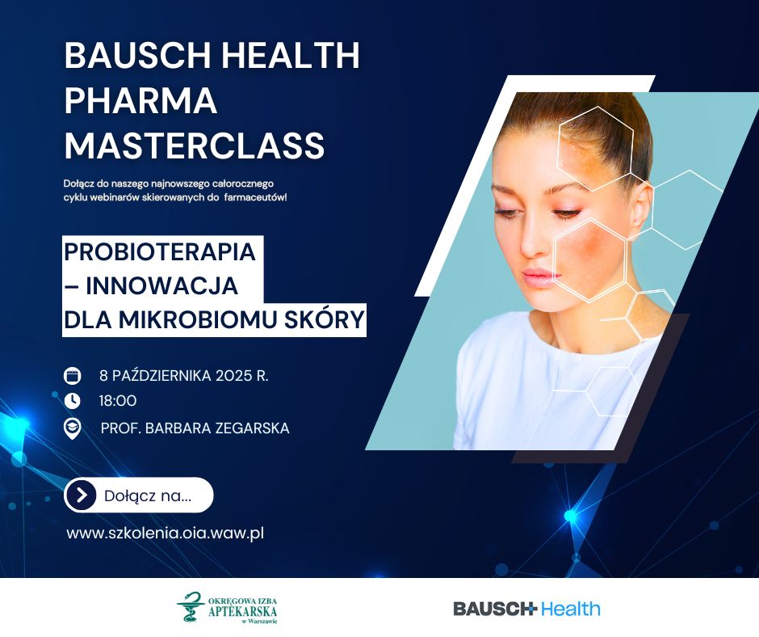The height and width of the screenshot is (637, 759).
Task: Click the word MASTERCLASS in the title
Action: coord(195,145)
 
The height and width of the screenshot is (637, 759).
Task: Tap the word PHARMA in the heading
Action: coord(140,100)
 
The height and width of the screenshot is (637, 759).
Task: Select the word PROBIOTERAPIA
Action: coord(160,251)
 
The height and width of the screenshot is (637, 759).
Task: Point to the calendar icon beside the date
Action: coord(72,376)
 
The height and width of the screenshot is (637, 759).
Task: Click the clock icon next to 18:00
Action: coord(72,401)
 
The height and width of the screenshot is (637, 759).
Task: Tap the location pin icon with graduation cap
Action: coord(72,428)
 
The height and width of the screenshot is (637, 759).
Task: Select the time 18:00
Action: coord(118,401)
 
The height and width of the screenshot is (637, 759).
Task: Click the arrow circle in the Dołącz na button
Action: coord(82,495)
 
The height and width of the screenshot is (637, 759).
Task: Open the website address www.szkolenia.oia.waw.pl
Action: coord(165,534)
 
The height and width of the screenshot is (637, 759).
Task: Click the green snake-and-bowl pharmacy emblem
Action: coord(191,606)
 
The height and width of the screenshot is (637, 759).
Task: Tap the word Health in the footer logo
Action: coord(571,609)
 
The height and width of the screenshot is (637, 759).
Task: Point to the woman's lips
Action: coord(541,278)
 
